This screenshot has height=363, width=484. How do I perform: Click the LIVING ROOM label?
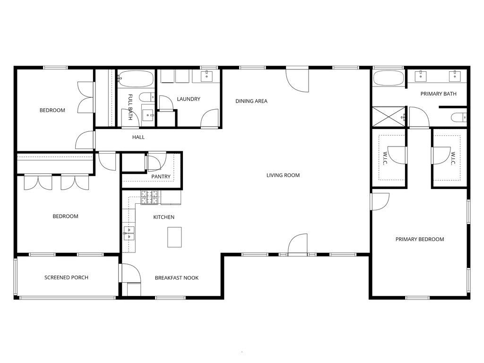283,175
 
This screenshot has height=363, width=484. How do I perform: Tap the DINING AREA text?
251,101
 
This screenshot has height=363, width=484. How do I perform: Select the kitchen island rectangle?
174,237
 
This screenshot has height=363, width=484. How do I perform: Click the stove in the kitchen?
150,198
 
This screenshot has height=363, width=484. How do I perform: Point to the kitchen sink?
129,231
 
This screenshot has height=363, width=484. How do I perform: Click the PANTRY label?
161,177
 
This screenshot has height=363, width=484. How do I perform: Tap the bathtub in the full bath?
136,78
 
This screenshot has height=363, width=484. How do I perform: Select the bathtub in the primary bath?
389,78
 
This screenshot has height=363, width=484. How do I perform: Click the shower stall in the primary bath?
389,117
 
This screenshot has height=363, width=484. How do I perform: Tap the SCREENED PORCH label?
66,277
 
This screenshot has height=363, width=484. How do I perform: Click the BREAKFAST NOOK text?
177,278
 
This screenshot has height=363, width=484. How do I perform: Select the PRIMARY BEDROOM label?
420,239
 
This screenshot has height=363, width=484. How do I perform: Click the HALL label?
138,138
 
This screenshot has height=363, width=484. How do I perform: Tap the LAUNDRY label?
189,99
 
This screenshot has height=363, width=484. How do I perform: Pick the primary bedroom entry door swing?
380,201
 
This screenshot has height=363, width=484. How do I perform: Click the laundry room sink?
207,76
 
